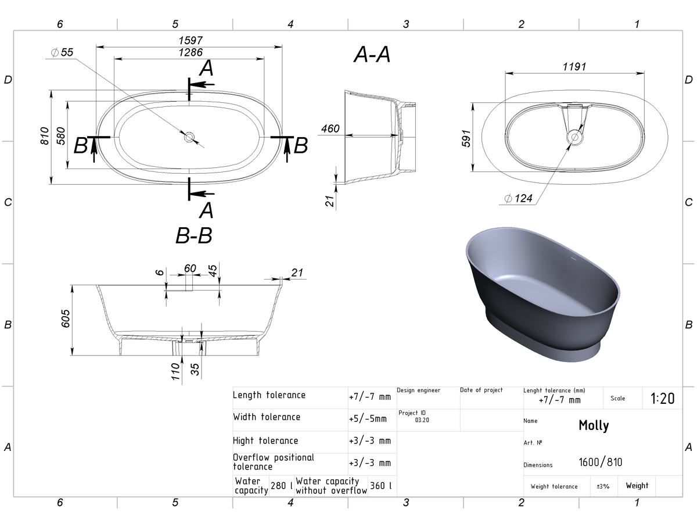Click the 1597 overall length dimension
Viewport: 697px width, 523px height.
coord(190,40)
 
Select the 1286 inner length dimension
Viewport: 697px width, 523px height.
coord(190,52)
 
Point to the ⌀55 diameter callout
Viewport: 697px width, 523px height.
coord(62,52)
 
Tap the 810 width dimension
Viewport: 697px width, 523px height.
coord(45,136)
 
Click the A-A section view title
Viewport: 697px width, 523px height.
coord(372,54)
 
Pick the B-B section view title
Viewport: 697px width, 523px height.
coord(193,235)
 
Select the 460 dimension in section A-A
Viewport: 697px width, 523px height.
coord(330,128)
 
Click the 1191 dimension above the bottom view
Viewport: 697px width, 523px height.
coord(574,67)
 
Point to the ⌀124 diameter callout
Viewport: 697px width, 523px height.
coord(518,199)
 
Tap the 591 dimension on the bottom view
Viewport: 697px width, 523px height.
coord(466,138)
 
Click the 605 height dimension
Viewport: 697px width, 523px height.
coord(65,318)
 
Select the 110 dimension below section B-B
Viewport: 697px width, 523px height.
coord(175,371)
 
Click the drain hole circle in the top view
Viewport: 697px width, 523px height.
coord(189,137)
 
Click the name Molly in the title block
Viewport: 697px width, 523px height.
coord(594,425)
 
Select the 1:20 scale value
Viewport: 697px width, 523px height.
coord(662,399)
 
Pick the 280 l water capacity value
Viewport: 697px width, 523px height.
coord(281,486)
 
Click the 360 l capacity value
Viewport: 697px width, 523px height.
coord(380,486)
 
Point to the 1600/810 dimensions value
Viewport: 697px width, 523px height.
coord(600,463)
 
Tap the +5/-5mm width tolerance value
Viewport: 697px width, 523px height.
coord(368,419)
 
